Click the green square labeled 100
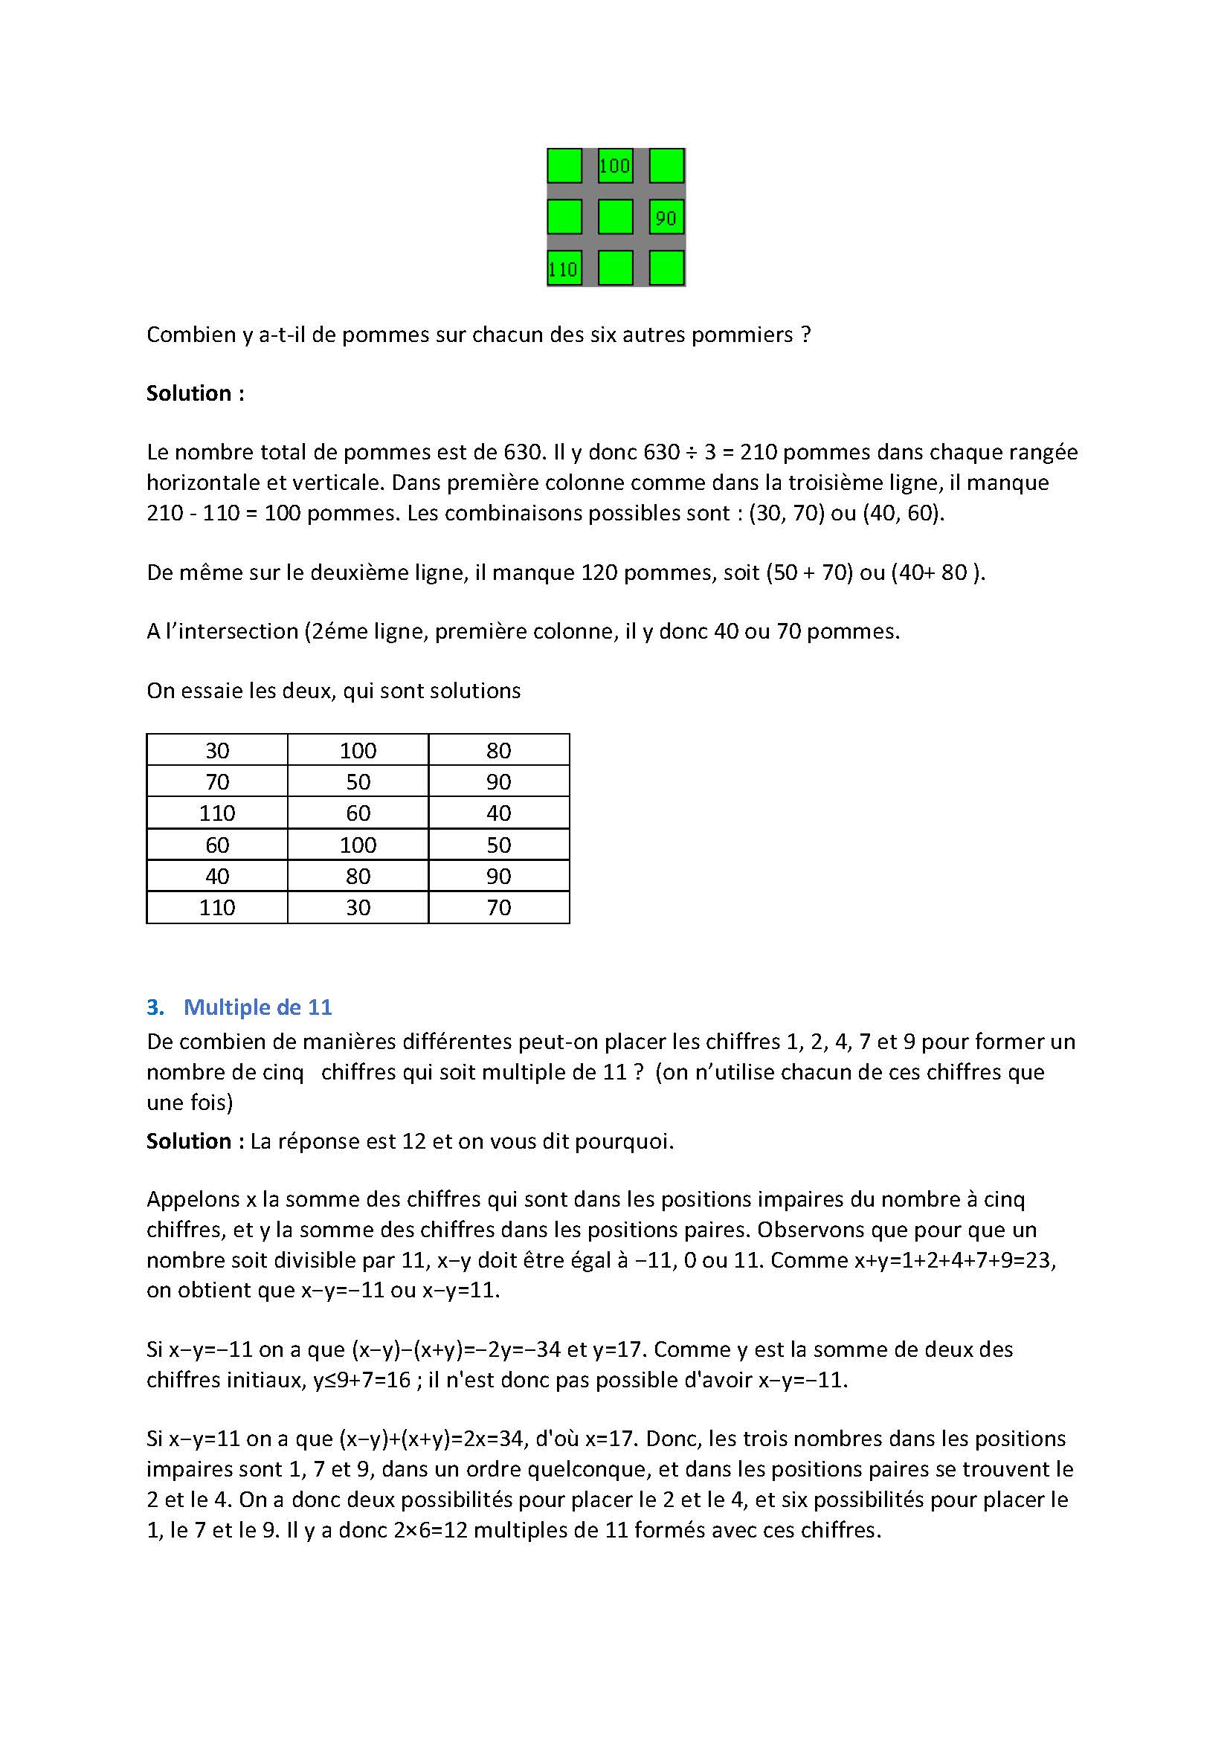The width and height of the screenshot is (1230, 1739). pyautogui.click(x=614, y=165)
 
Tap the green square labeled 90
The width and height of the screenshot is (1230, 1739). pyautogui.click(x=666, y=217)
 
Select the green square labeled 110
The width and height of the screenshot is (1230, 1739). pyautogui.click(x=564, y=268)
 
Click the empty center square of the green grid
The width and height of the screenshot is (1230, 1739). pyautogui.click(x=614, y=217)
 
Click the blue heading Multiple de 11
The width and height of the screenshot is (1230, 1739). pyautogui.click(x=257, y=1007)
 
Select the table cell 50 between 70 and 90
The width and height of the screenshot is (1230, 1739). pyautogui.click(x=358, y=781)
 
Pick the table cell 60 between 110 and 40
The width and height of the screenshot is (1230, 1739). pyautogui.click(x=358, y=813)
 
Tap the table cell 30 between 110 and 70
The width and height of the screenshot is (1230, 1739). pyautogui.click(x=358, y=907)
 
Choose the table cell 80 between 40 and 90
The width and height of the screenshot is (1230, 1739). pyautogui.click(x=358, y=877)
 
